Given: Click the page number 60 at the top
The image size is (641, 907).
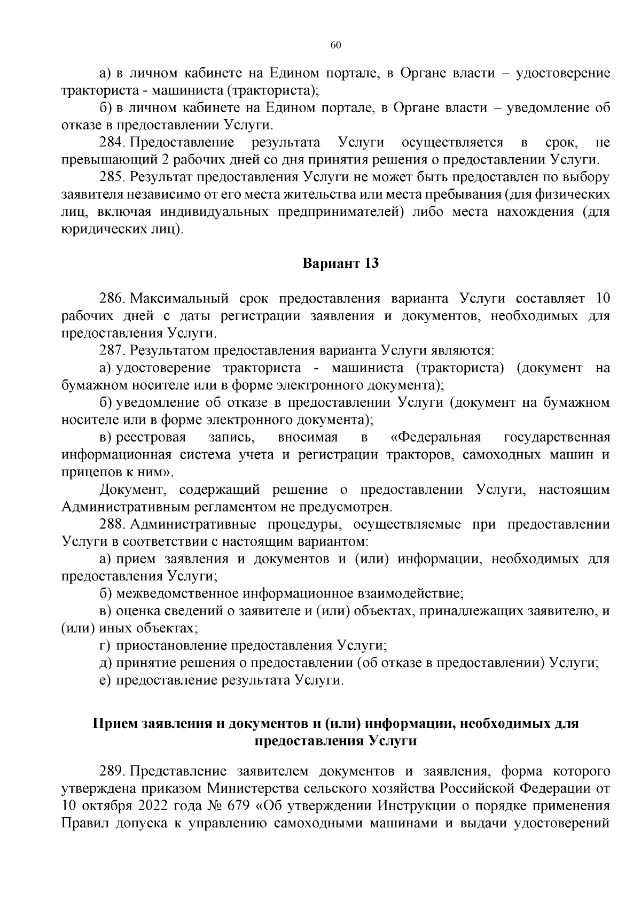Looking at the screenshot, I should click(x=335, y=45).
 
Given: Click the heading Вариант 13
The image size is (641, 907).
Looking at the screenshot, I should click(x=341, y=263).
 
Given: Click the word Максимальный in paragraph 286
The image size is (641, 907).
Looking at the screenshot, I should click(x=178, y=298).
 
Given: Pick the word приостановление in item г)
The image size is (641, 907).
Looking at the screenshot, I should click(x=172, y=646).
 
